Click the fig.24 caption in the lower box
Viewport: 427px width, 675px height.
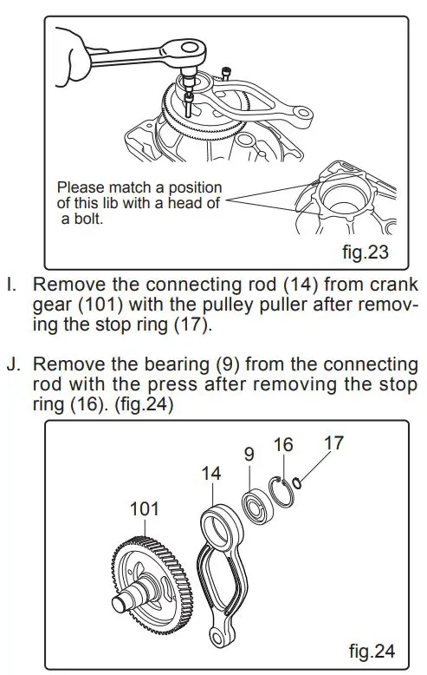point(372,649)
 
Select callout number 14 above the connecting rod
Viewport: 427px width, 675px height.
point(211,474)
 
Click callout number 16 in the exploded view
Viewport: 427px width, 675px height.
point(282,445)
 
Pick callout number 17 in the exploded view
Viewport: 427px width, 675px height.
point(333,442)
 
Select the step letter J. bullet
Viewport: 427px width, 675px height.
point(12,363)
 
